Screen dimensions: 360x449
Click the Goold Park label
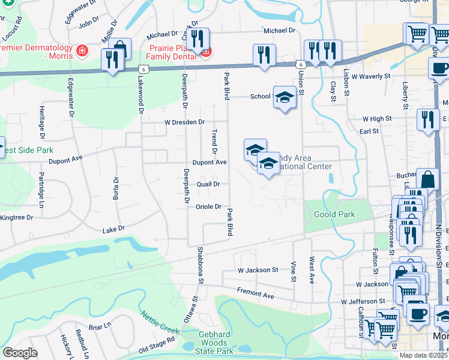[330, 214]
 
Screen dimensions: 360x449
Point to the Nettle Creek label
[160, 322]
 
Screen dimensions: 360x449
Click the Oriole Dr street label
[209, 207]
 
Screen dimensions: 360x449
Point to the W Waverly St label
[371, 77]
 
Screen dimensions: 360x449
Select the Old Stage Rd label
[157, 345]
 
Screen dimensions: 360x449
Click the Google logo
[20, 353]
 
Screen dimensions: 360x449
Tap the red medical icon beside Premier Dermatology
[81, 52]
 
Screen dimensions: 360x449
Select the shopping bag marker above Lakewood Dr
[120, 48]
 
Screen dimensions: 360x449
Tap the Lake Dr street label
[113, 229]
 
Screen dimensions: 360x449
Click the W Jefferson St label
[363, 301]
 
